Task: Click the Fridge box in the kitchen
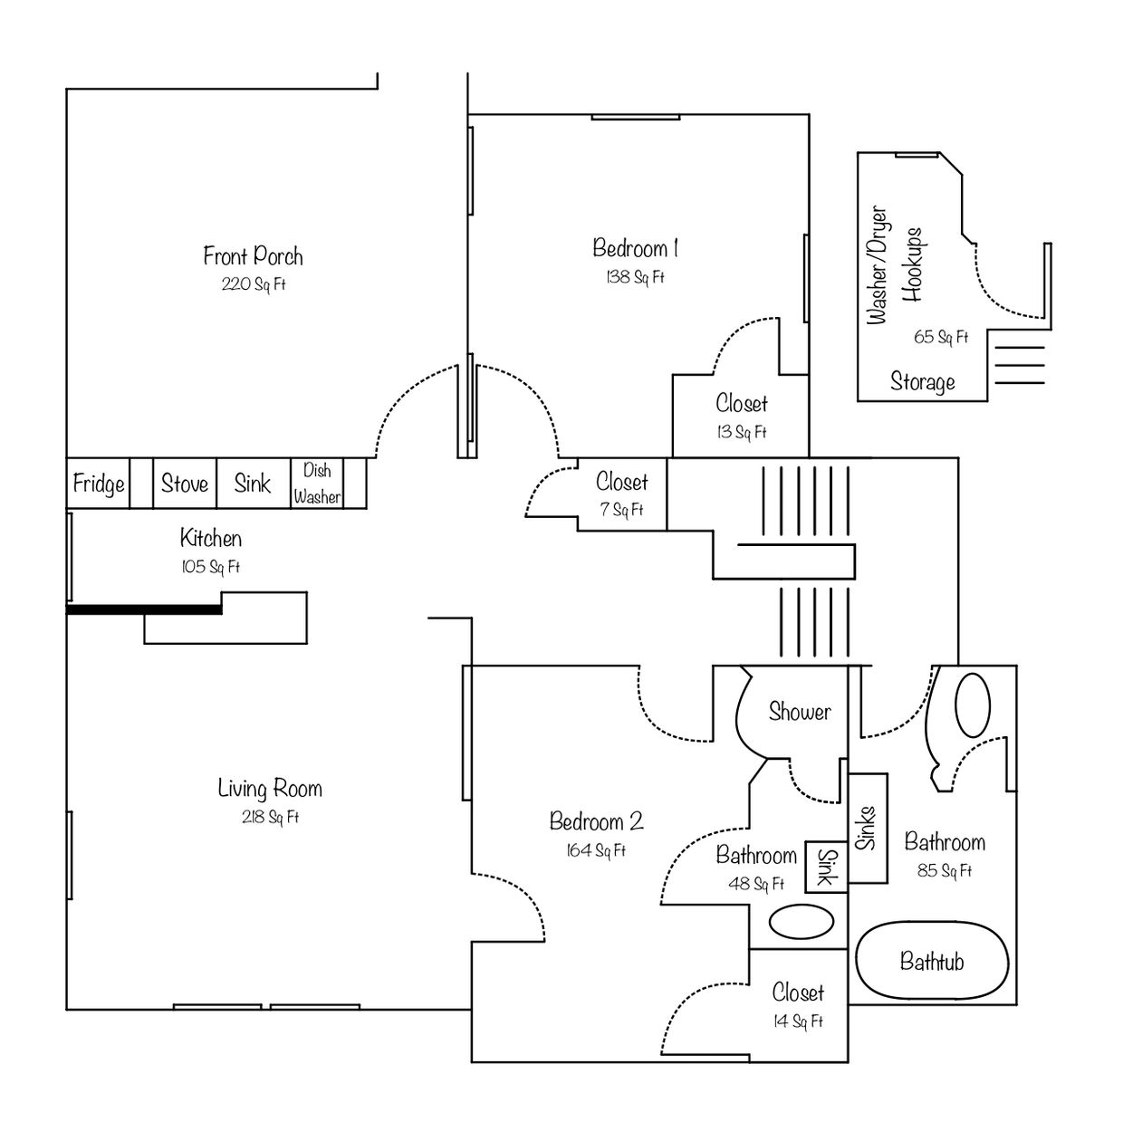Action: [x=98, y=484]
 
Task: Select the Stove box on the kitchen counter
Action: [x=185, y=484]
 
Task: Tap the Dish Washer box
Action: [x=317, y=484]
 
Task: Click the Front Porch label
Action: [x=253, y=256]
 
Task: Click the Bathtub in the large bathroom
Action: [x=932, y=961]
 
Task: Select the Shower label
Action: [x=800, y=711]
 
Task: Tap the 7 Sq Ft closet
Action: [x=622, y=494]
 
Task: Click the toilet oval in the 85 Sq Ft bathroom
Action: [x=973, y=705]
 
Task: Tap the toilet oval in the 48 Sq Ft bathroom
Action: [x=801, y=922]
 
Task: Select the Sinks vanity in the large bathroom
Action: [x=868, y=829]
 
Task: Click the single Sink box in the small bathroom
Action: [x=826, y=867]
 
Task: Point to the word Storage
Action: [x=923, y=382]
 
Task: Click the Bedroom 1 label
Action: [x=635, y=248]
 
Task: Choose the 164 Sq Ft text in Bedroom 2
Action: [x=596, y=850]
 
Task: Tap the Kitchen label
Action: [x=210, y=538]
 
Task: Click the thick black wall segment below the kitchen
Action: [x=144, y=609]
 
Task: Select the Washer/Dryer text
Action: [x=877, y=264]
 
